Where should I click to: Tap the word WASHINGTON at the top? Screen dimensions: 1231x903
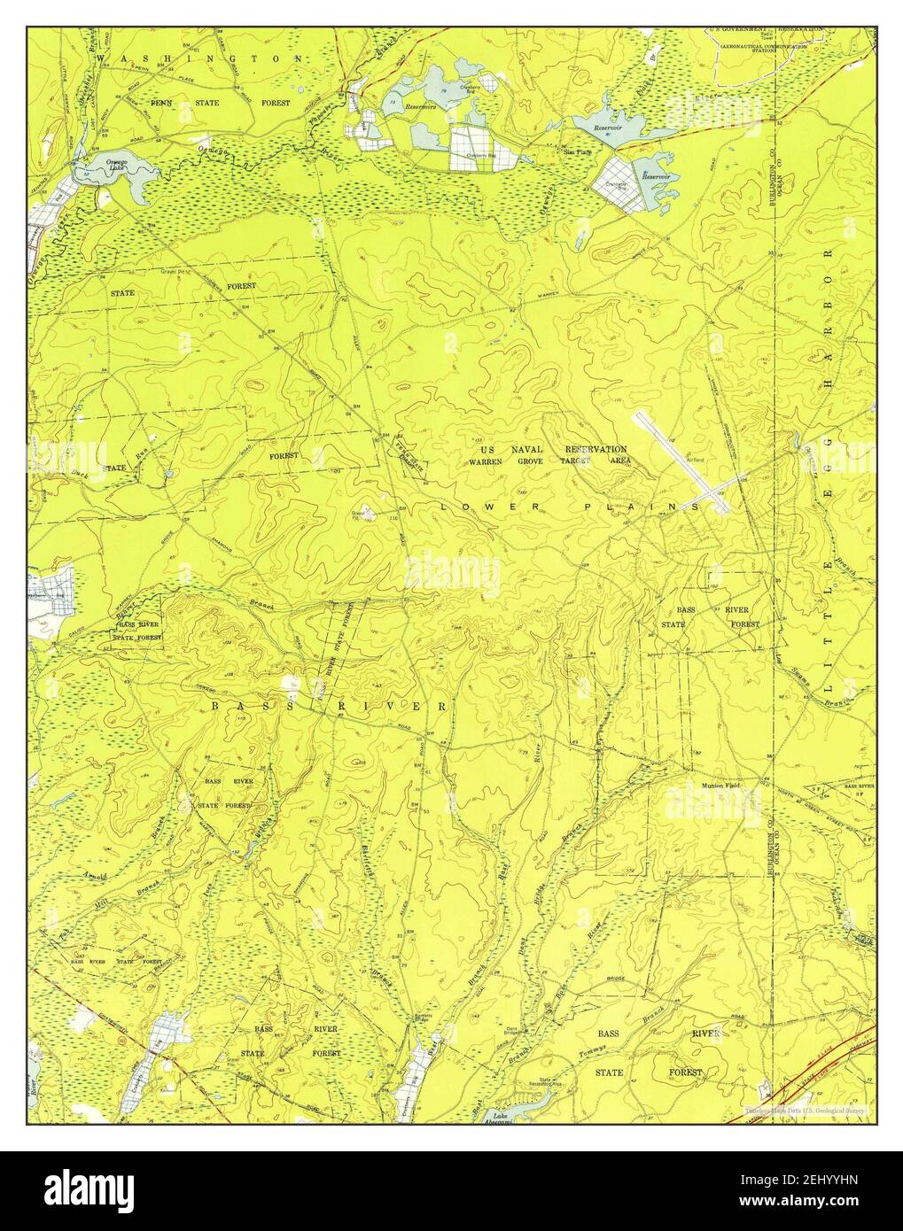point(204,58)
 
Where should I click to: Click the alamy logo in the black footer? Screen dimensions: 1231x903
point(106,1187)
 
